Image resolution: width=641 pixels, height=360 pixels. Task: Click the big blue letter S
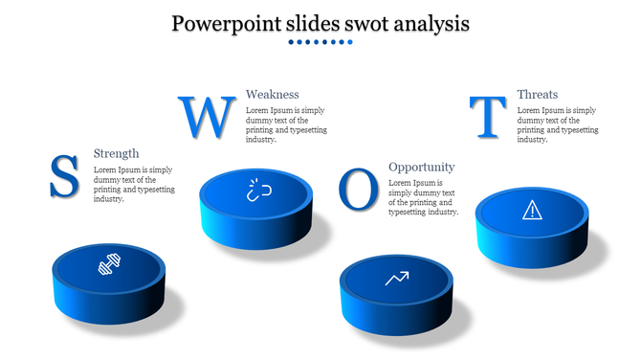coord(64,177)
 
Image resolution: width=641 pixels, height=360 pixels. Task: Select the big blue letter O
coord(359,190)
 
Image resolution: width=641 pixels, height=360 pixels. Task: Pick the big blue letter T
coord(489,118)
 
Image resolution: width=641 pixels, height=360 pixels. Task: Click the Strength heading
coord(116,153)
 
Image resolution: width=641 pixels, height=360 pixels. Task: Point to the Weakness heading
coord(272,94)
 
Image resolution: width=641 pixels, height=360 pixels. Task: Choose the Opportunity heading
coord(421,167)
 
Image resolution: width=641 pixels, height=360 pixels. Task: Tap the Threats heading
coord(537,94)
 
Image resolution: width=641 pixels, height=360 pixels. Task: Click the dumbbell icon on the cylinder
coord(108,264)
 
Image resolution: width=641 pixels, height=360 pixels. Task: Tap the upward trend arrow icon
coord(396,279)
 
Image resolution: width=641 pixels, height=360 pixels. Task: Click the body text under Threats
coord(557,124)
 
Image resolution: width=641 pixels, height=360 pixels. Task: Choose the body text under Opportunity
coord(423,197)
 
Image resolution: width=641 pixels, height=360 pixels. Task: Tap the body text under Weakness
coord(285,124)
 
